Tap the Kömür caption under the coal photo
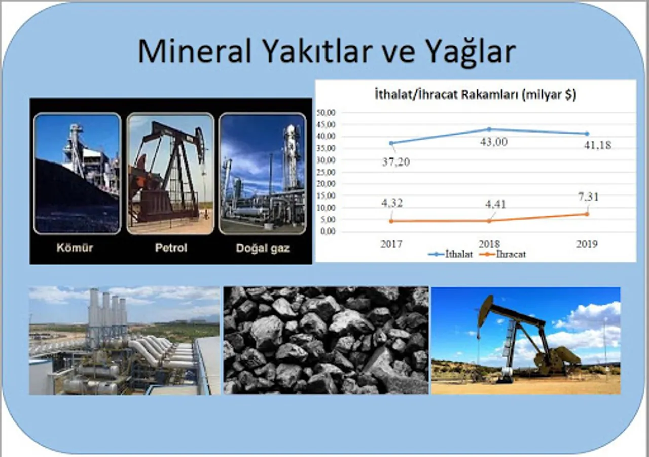[75, 248]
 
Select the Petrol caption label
[171, 248]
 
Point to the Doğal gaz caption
[263, 248]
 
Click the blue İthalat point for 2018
[489, 129]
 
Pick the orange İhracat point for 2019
[587, 214]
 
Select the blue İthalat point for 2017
[391, 143]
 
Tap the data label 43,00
[494, 142]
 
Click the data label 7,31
[589, 197]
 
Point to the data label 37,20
[396, 162]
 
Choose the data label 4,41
[496, 204]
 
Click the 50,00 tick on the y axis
[326, 113]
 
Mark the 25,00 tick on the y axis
[326, 172]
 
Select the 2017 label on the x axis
[391, 244]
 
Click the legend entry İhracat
[503, 254]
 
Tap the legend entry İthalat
[451, 254]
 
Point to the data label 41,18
[598, 145]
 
